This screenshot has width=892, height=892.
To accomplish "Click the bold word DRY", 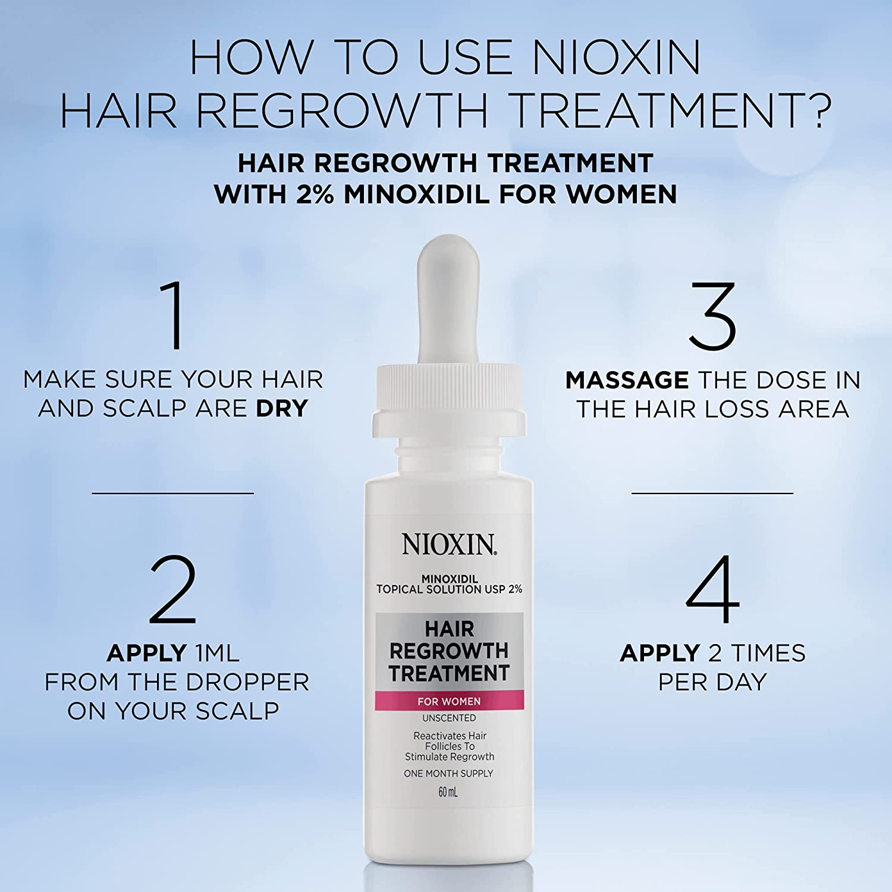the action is click(x=282, y=409).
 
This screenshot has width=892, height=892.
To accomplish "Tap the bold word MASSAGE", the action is click(x=627, y=380).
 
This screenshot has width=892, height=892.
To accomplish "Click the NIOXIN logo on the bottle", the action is click(x=449, y=544).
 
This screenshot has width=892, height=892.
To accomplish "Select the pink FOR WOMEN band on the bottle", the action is click(x=449, y=701).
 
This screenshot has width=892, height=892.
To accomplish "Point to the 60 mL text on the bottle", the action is click(x=448, y=792).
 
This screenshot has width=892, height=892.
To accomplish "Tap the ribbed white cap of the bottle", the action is click(x=449, y=401).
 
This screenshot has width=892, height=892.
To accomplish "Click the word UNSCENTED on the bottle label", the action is click(x=449, y=718).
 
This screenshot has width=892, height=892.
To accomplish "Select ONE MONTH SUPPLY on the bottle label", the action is click(x=448, y=774).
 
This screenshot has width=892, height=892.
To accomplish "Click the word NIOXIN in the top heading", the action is click(x=616, y=58).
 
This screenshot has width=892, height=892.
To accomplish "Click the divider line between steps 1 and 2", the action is click(x=173, y=493).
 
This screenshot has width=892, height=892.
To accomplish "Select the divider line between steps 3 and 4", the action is click(x=712, y=493).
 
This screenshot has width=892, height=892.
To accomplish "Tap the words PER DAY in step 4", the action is click(x=712, y=682).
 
